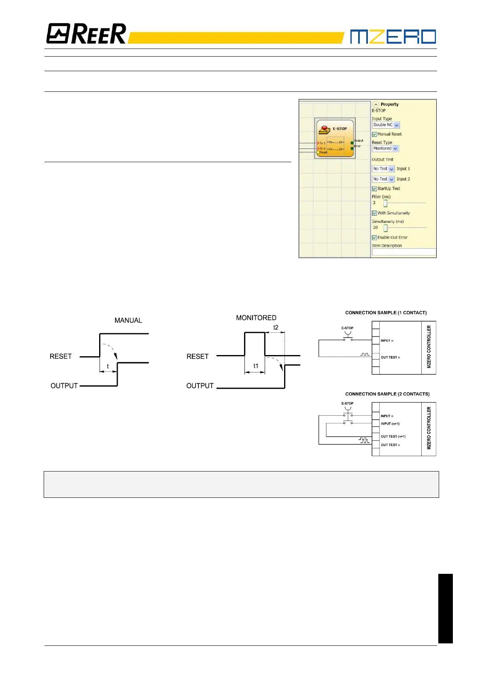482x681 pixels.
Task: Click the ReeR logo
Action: pyautogui.click(x=86, y=34)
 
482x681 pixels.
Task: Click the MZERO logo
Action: pyautogui.click(x=393, y=36)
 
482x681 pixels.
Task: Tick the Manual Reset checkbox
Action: pyautogui.click(x=374, y=134)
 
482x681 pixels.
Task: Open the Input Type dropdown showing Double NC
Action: pyautogui.click(x=386, y=125)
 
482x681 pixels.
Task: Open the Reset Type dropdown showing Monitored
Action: pyautogui.click(x=385, y=148)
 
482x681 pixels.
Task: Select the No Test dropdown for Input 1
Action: pyautogui.click(x=383, y=169)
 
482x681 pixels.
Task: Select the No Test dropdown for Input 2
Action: pyautogui.click(x=383, y=179)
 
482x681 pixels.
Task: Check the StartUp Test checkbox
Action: pyautogui.click(x=374, y=188)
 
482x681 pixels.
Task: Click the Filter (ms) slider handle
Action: pyautogui.click(x=385, y=203)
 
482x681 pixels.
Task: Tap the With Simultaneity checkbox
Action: pyautogui.click(x=374, y=213)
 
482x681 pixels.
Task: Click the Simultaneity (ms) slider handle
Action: pyautogui.click(x=385, y=228)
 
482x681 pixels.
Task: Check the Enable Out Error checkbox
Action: pyautogui.click(x=374, y=238)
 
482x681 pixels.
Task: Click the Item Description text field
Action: pyautogui.click(x=403, y=252)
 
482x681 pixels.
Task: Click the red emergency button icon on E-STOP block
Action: pyautogui.click(x=325, y=130)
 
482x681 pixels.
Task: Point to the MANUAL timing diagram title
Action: pyautogui.click(x=128, y=320)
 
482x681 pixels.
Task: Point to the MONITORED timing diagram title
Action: pyautogui.click(x=256, y=318)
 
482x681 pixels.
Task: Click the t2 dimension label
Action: pyautogui.click(x=276, y=327)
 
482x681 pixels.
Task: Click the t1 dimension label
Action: pyautogui.click(x=256, y=366)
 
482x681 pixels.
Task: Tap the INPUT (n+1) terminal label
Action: pyautogui.click(x=390, y=424)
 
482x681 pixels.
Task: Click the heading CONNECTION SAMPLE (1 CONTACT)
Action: pyautogui.click(x=386, y=313)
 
